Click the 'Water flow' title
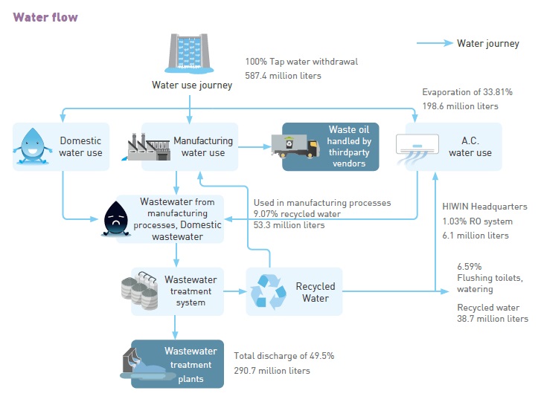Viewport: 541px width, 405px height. (x=45, y=17)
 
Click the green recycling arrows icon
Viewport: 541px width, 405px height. (x=267, y=291)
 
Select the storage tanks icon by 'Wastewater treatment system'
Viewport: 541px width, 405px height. (x=141, y=291)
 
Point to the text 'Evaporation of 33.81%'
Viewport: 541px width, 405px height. (x=467, y=92)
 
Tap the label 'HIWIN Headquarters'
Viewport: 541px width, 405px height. (x=484, y=207)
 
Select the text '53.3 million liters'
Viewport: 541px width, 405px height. (x=289, y=224)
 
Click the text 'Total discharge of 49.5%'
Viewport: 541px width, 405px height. (x=284, y=356)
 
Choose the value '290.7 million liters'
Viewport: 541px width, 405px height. (x=272, y=370)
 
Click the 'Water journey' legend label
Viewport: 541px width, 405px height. (x=488, y=43)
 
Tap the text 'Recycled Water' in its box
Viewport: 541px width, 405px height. (x=316, y=292)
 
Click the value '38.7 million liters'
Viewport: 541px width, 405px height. (x=493, y=319)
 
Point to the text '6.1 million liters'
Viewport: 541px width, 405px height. (x=476, y=235)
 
